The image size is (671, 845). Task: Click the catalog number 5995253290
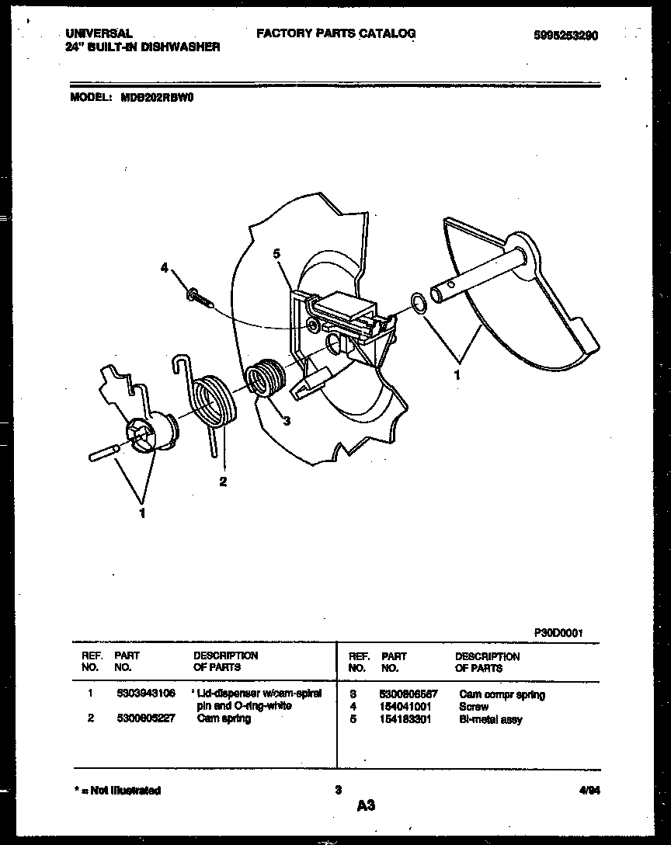[x=566, y=35]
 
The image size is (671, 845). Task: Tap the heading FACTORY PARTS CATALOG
[x=335, y=33]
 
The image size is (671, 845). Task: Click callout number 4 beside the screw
[x=165, y=267]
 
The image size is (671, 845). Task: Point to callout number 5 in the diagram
[x=276, y=253]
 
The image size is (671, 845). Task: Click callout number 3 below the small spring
[x=287, y=422]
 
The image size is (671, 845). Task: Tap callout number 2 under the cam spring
[x=223, y=482]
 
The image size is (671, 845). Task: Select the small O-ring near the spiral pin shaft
[x=417, y=301]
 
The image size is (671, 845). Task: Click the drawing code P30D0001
[x=558, y=632]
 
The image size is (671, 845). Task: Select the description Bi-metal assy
[x=491, y=719]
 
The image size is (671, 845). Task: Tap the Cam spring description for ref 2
[x=224, y=718]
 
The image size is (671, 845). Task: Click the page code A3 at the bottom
[x=366, y=806]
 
